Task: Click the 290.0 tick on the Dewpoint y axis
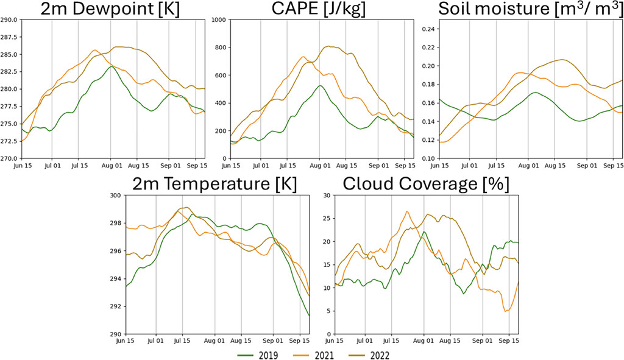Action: click(9, 20)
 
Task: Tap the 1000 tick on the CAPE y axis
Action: click(220, 20)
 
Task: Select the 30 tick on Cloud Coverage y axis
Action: click(329, 196)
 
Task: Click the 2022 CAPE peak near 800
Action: click(329, 46)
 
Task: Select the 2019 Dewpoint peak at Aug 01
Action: click(110, 66)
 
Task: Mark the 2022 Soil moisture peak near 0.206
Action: click(562, 60)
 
